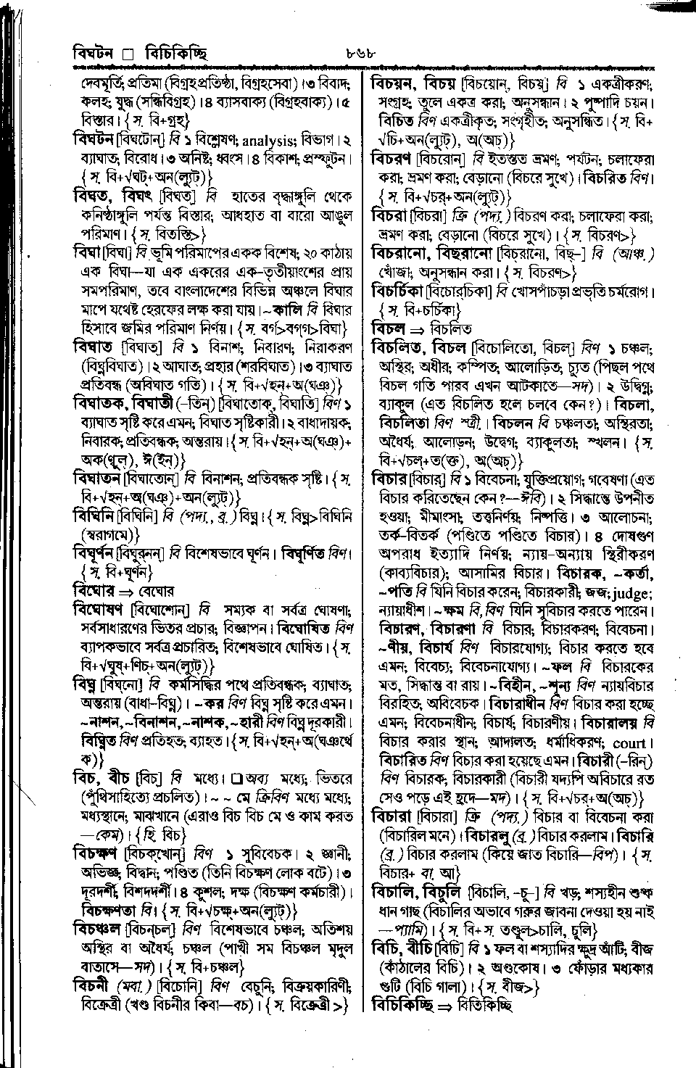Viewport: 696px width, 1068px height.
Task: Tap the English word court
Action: tap(628, 743)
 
